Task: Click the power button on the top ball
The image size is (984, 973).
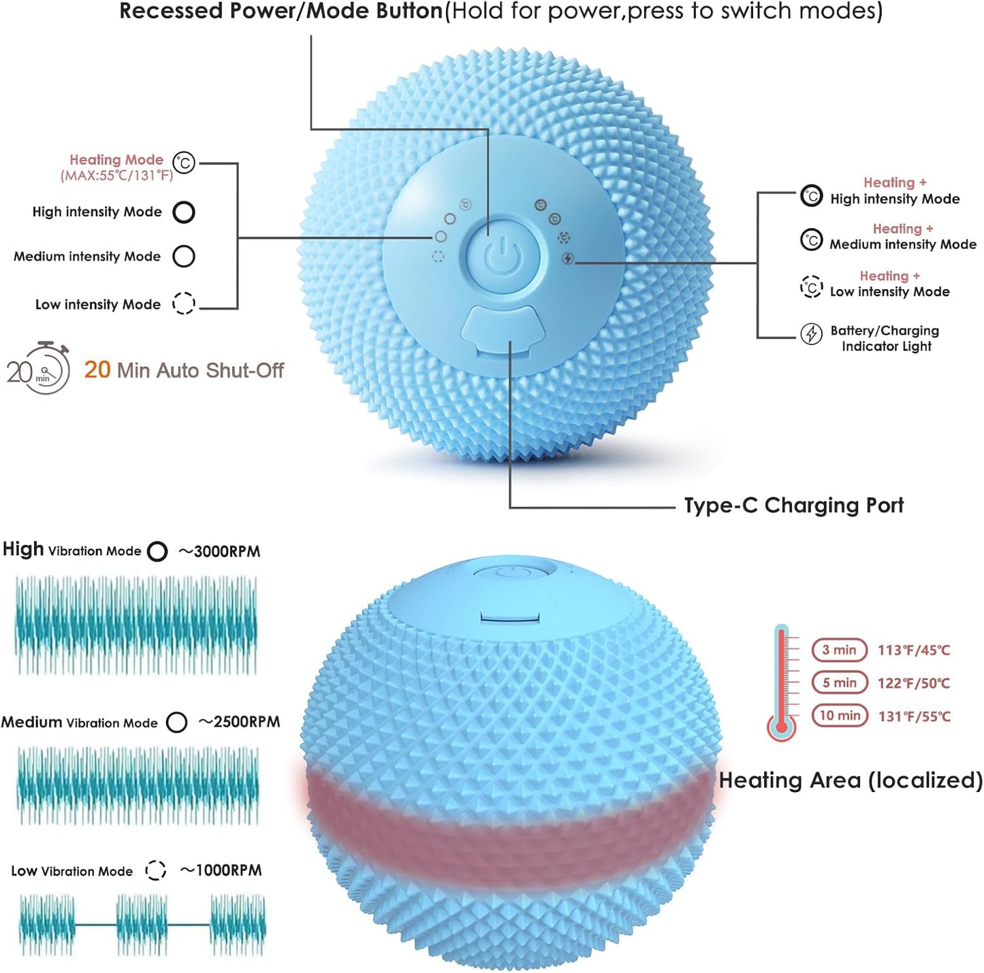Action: pos(503,257)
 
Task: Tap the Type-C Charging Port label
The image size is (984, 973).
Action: pos(793,505)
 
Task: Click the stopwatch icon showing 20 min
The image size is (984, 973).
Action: pos(38,368)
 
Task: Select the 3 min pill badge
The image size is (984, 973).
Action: pos(839,650)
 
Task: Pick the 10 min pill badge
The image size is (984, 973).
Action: pos(840,715)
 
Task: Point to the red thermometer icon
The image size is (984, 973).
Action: pos(781,682)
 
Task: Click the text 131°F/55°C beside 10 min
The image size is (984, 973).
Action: pos(914,716)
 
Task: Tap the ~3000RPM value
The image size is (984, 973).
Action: pos(219,551)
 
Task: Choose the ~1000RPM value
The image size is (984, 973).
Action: pos(221,870)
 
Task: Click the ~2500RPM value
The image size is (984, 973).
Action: pos(239,721)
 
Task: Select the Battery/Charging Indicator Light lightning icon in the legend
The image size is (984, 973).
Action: pos(811,333)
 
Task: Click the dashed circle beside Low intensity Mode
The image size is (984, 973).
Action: pos(184,303)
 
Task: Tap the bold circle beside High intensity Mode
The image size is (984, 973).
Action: pos(184,212)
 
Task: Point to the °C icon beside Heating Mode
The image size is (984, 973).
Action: pos(184,163)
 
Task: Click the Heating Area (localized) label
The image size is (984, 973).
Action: pos(851,780)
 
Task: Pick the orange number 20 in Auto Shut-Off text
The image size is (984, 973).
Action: pos(97,369)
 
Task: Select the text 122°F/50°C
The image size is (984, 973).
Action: pos(914,682)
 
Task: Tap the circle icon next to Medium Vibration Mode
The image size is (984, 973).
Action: pos(176,722)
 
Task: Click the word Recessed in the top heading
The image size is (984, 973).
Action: pos(172,11)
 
